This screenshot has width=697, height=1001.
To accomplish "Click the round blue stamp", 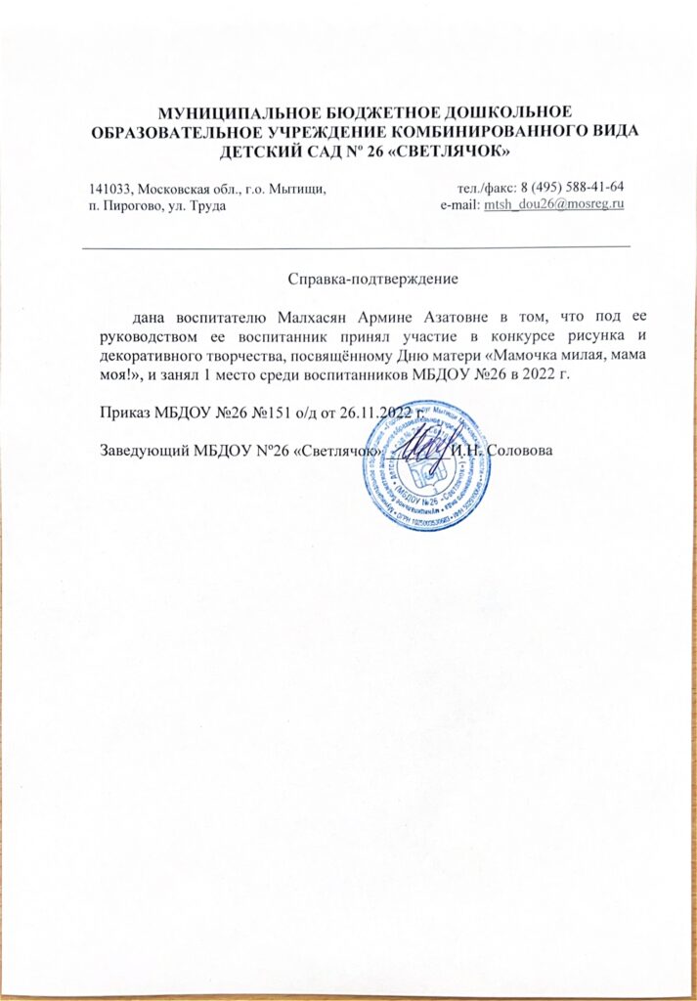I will click(427, 465).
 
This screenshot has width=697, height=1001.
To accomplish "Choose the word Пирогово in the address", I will click(134, 204).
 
